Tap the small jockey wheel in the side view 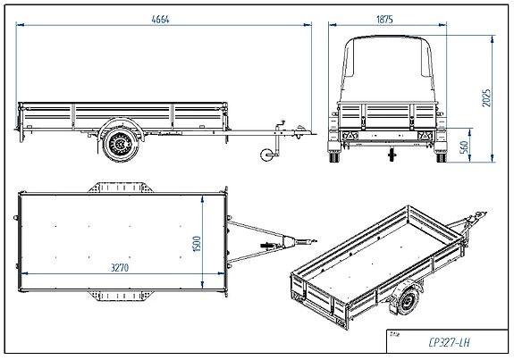[x=265, y=156]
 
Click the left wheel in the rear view [x=337, y=156]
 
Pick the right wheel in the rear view [x=441, y=156]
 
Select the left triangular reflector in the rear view [x=350, y=134]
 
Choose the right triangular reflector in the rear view [x=426, y=134]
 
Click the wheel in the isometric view [x=408, y=301]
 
